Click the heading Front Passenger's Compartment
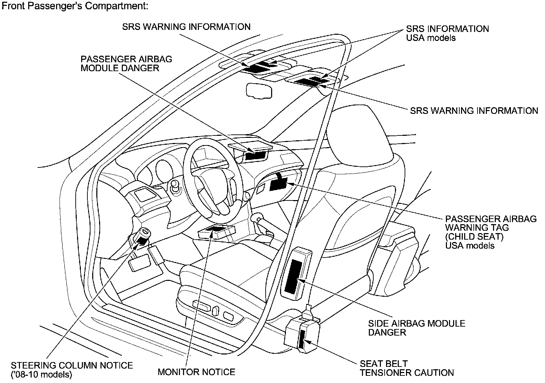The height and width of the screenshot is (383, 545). (75, 6)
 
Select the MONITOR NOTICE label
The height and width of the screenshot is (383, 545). (196, 372)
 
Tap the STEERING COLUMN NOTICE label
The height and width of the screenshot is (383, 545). (72, 365)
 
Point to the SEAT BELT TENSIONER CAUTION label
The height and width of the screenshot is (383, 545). (407, 368)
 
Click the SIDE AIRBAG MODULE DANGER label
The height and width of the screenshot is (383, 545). (416, 328)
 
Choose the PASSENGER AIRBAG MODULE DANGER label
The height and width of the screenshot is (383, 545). (126, 63)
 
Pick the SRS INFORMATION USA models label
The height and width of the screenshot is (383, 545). (447, 33)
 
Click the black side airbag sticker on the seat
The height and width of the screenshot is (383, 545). (294, 276)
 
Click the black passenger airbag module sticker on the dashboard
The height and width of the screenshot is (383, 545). (256, 156)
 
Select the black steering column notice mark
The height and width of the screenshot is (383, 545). (142, 240)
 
